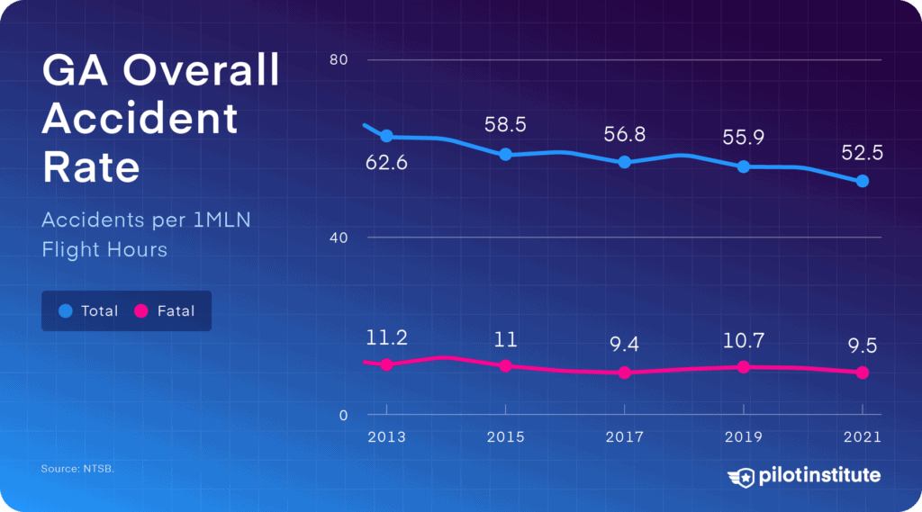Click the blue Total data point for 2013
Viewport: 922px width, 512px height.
(386, 136)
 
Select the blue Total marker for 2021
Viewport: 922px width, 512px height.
(862, 181)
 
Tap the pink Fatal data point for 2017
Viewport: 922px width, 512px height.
(624, 373)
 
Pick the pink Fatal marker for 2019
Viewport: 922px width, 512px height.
(743, 367)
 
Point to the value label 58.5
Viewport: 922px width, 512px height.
(505, 125)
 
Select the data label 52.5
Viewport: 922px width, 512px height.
(862, 153)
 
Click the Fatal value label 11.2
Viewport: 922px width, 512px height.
(386, 338)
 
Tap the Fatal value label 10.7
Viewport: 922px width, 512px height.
(743, 341)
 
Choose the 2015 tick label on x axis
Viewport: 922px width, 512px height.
(505, 437)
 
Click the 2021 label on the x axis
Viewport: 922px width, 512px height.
(862, 437)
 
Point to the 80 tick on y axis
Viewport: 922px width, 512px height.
(339, 60)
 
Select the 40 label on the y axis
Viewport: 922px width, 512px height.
(339, 238)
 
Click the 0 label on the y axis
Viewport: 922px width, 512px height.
(344, 415)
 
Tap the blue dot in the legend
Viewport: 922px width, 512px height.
(65, 310)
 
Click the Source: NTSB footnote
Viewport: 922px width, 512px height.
(77, 470)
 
